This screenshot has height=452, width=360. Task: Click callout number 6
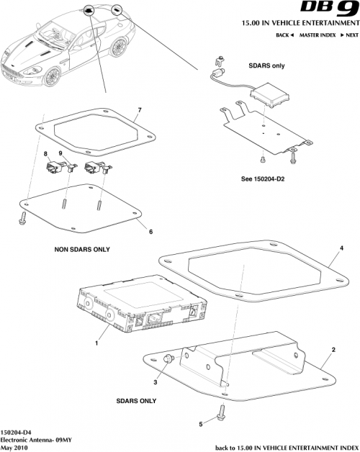point(150,231)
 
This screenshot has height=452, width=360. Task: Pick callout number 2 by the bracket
point(333,348)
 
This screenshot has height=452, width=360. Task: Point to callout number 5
point(200,425)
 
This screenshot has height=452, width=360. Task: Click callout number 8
point(45,155)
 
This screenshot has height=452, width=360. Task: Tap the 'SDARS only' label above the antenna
point(266,65)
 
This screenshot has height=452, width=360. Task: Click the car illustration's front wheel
point(52,77)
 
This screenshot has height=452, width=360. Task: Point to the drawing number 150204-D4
point(15,431)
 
